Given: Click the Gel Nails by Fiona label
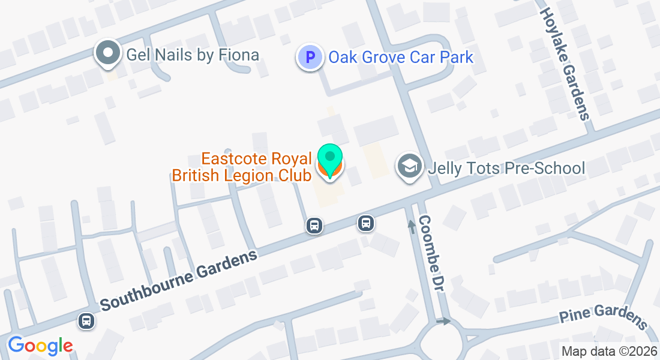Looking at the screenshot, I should [x=193, y=55].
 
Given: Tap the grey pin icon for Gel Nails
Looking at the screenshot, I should [x=108, y=53].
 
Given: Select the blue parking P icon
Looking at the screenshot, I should [x=310, y=58].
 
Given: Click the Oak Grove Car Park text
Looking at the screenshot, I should [x=401, y=58].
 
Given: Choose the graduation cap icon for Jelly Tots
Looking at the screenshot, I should [x=410, y=167].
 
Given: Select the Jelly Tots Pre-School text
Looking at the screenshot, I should [x=506, y=167].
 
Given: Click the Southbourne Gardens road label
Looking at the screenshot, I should [x=179, y=280].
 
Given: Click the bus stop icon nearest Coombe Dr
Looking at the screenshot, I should [x=366, y=223].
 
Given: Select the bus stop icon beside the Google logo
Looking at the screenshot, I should [x=86, y=321].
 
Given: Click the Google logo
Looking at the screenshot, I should [x=40, y=346].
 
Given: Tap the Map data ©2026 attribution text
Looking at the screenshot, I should [x=608, y=352].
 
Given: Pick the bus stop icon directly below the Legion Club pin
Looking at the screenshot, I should [x=314, y=226].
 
